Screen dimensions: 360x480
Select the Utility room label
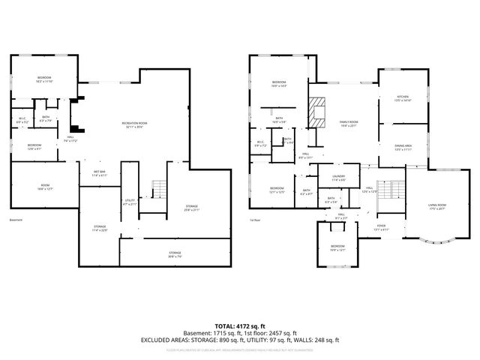tap(130, 201)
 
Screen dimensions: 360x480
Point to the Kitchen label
tap(403, 98)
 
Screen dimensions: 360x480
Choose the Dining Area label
tap(403, 148)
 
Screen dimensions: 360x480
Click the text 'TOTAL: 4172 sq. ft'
tap(239, 325)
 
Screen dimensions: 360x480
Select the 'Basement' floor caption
tap(16, 220)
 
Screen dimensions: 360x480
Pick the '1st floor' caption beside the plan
tap(255, 220)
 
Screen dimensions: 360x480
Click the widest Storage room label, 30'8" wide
tap(174, 253)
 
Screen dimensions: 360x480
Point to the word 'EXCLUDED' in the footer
tap(156, 340)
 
